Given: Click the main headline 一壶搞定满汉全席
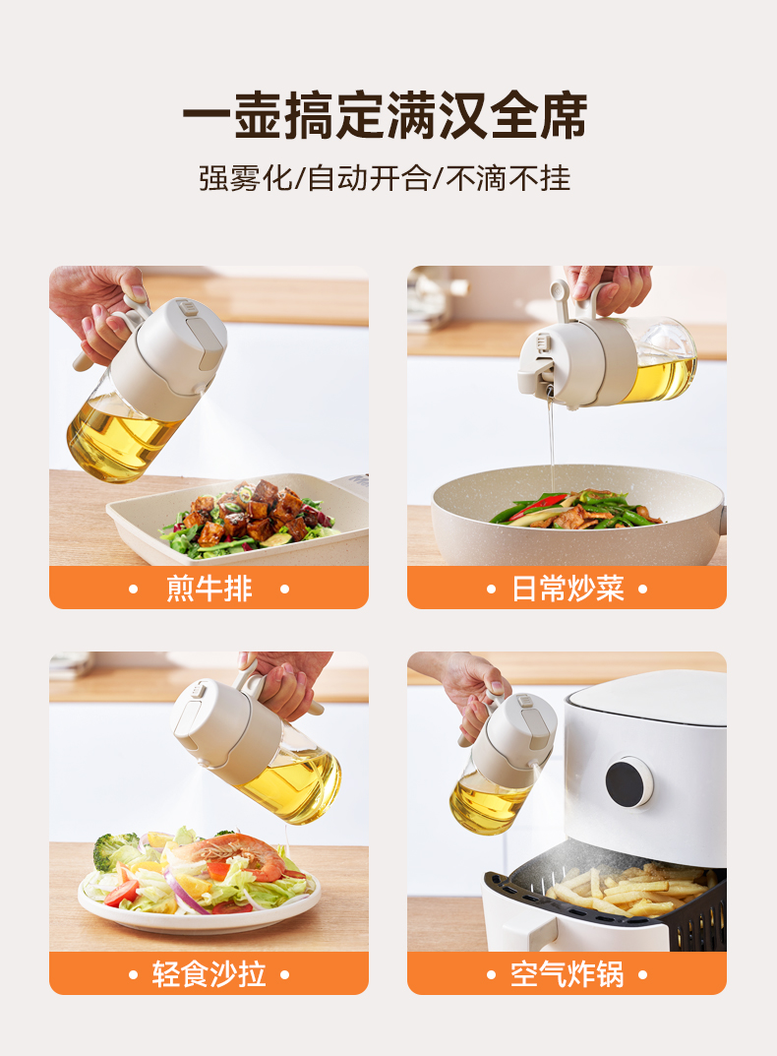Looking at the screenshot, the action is click(x=385, y=115).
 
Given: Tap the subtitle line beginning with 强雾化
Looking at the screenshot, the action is click(x=385, y=178).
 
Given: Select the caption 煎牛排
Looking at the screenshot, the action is click(x=209, y=589).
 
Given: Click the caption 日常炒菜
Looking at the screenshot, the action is click(x=568, y=589).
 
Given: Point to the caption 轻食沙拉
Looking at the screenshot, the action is click(x=209, y=974).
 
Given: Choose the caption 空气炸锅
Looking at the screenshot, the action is click(x=567, y=974).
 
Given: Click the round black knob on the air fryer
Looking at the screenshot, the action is click(x=628, y=782).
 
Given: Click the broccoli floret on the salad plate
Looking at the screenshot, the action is click(x=113, y=848).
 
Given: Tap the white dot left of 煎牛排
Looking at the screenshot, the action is click(x=134, y=589).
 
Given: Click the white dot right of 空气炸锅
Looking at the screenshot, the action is click(x=642, y=974).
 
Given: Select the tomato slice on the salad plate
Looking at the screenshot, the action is click(x=121, y=893).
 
